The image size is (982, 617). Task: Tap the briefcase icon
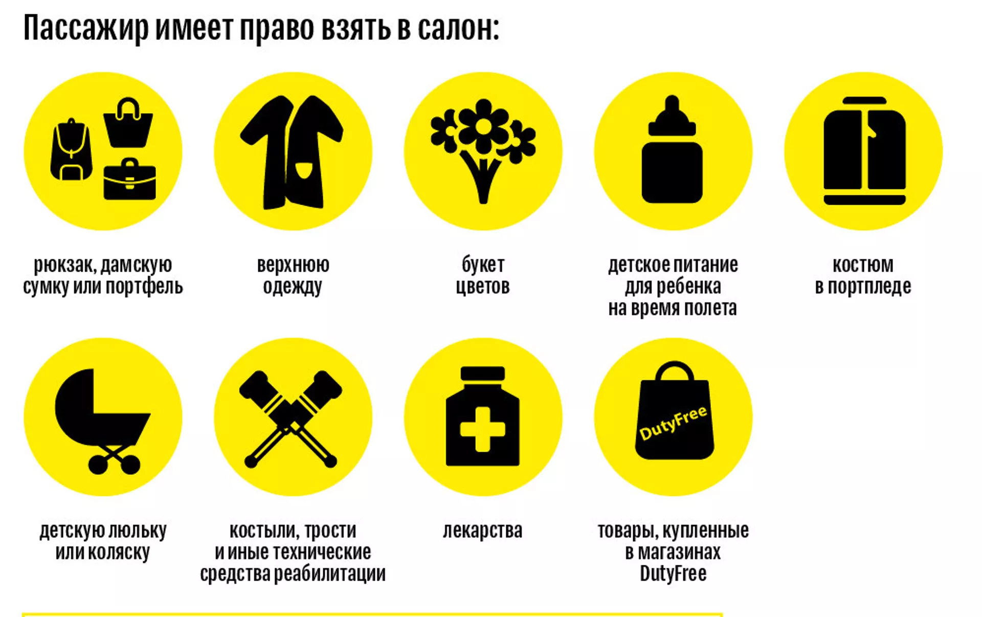point(129,180)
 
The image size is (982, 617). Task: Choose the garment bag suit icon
point(864,151)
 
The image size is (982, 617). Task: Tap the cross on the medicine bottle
point(482,429)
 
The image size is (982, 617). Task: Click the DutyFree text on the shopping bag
point(673,423)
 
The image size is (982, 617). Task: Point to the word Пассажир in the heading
point(85,29)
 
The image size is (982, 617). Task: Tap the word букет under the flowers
point(483,265)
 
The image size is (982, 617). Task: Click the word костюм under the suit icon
point(863,265)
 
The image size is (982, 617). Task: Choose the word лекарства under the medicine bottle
point(482,531)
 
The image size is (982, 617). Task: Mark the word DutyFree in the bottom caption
point(673,574)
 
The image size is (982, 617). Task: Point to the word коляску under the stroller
point(119,553)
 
